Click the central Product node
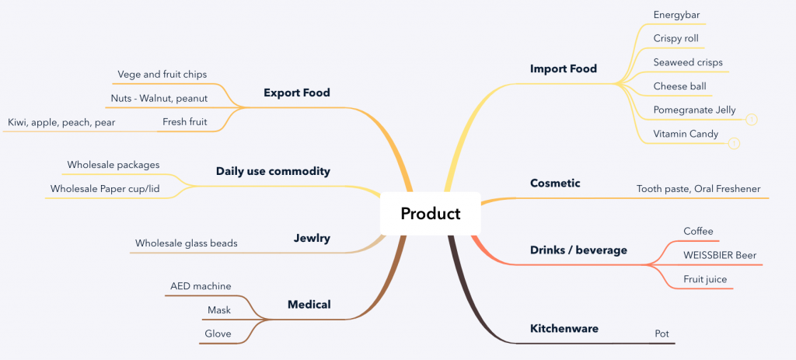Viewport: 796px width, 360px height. point(430,213)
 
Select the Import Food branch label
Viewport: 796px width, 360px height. point(563,68)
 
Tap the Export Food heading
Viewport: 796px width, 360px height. point(296,93)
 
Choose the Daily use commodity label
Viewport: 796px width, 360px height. point(273,171)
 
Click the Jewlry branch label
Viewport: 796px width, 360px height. point(312,238)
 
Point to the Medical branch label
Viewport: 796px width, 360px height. point(309,305)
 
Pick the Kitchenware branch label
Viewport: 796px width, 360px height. point(564,329)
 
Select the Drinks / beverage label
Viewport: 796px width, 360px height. point(578,250)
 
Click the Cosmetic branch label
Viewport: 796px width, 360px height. point(555,183)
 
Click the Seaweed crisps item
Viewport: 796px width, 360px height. point(688,62)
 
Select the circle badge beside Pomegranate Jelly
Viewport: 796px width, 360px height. point(752,120)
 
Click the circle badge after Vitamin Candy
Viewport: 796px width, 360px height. point(734,144)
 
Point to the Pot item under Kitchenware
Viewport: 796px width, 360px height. point(662,334)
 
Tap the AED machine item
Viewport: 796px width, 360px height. point(201,286)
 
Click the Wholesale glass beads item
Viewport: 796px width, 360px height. point(187,243)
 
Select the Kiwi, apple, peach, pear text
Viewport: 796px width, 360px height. point(61,122)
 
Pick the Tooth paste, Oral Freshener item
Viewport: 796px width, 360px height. point(699,189)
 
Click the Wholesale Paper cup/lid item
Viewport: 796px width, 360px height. point(105,189)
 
